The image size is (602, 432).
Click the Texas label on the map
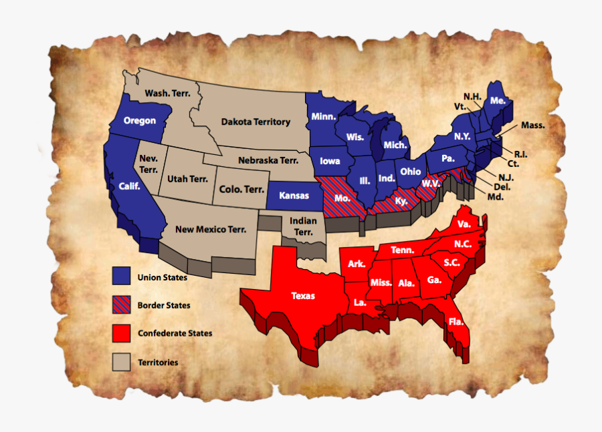[303, 295]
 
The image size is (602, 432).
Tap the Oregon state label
[140, 121]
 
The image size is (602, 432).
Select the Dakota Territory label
[256, 122]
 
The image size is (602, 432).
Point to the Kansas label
[294, 195]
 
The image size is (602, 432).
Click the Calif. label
[129, 186]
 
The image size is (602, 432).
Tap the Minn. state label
[323, 116]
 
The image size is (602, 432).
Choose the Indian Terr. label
[303, 226]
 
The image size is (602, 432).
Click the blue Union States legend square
[121, 276]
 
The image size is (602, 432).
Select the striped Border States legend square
[121, 304]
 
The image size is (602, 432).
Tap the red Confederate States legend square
[121, 333]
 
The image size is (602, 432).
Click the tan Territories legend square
[121, 361]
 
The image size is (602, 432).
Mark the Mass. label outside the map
[533, 125]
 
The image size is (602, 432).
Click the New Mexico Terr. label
[211, 229]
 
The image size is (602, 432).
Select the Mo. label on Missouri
[342, 198]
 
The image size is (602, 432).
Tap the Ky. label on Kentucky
[401, 200]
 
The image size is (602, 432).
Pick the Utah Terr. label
[187, 179]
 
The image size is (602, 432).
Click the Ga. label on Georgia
[435, 280]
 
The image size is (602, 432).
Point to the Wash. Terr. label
[168, 93]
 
